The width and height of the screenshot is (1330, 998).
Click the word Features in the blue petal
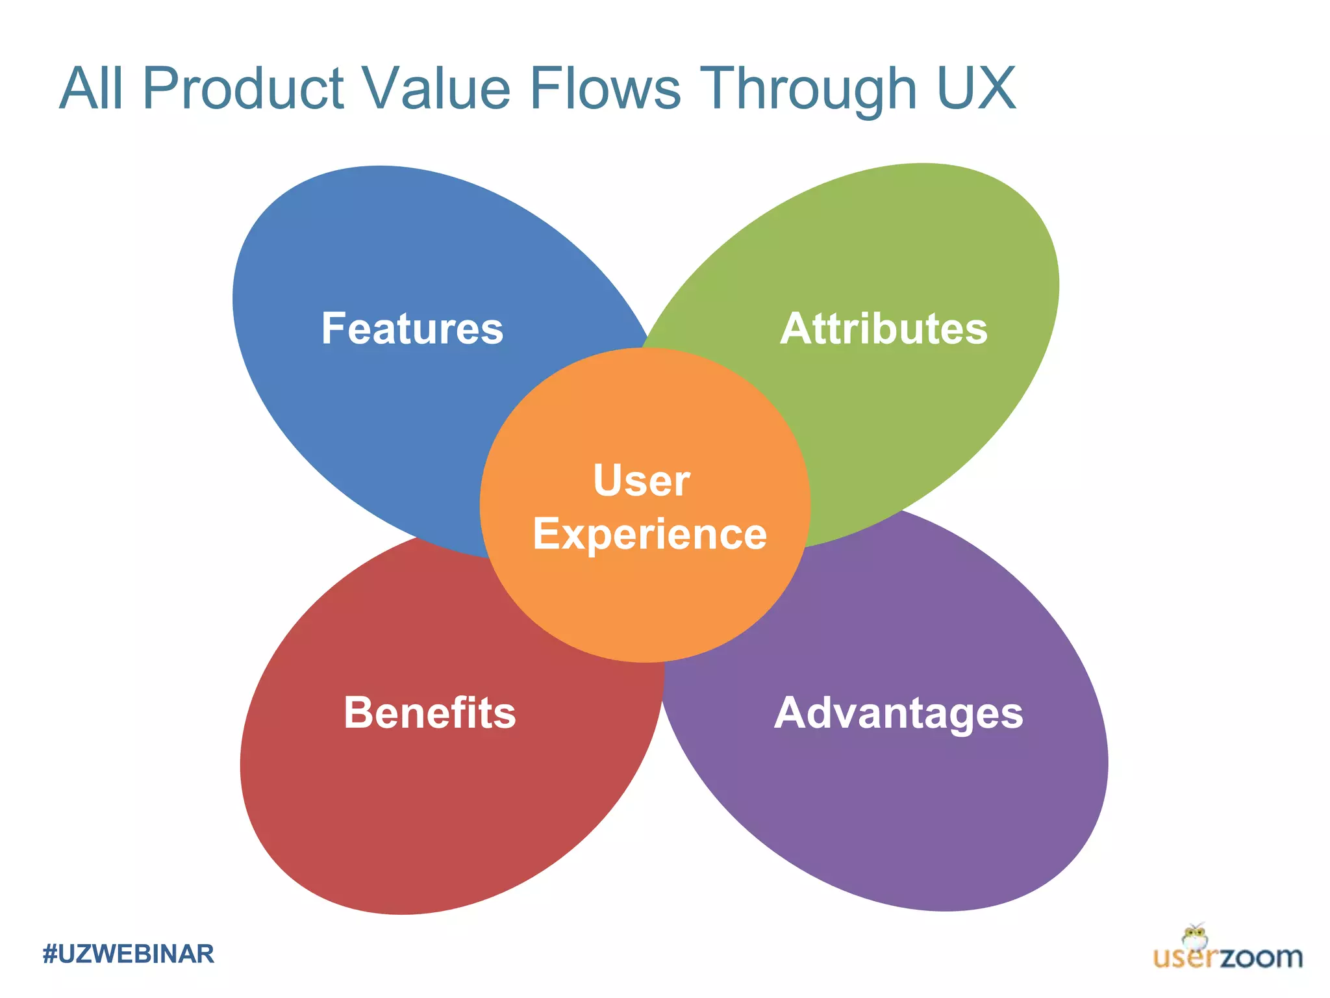(x=412, y=329)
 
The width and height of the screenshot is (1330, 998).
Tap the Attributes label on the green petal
(x=884, y=329)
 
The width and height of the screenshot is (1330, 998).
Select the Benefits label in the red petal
(x=430, y=713)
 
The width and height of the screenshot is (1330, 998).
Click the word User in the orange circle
(x=642, y=481)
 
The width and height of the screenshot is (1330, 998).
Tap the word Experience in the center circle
(x=650, y=535)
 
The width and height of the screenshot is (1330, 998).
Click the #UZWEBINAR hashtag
(x=129, y=954)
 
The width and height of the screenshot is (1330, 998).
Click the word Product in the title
(x=243, y=88)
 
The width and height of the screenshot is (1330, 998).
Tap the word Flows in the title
(x=605, y=88)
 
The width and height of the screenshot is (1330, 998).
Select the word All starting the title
(x=91, y=88)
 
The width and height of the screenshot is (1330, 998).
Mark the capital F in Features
(x=334, y=328)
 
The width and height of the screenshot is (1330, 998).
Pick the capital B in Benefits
(x=357, y=713)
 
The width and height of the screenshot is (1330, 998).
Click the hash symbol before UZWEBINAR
(x=49, y=954)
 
